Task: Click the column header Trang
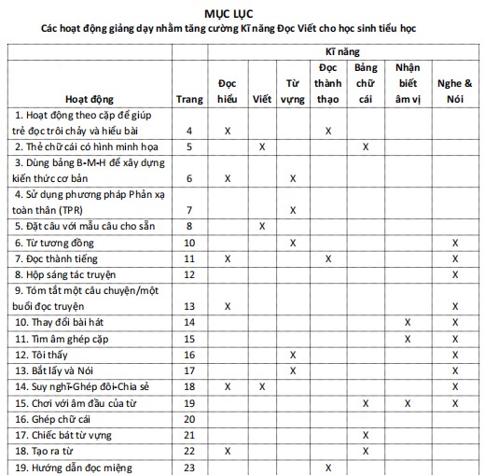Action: click(x=189, y=97)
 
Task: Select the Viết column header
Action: click(x=262, y=97)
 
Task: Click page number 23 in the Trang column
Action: click(x=189, y=468)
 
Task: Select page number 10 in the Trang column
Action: click(x=189, y=243)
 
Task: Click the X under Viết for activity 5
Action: click(x=262, y=226)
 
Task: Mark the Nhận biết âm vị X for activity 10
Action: click(x=408, y=322)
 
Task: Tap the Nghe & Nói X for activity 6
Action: click(x=455, y=243)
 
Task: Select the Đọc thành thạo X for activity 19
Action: click(x=328, y=468)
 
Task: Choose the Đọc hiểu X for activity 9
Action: click(x=228, y=306)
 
